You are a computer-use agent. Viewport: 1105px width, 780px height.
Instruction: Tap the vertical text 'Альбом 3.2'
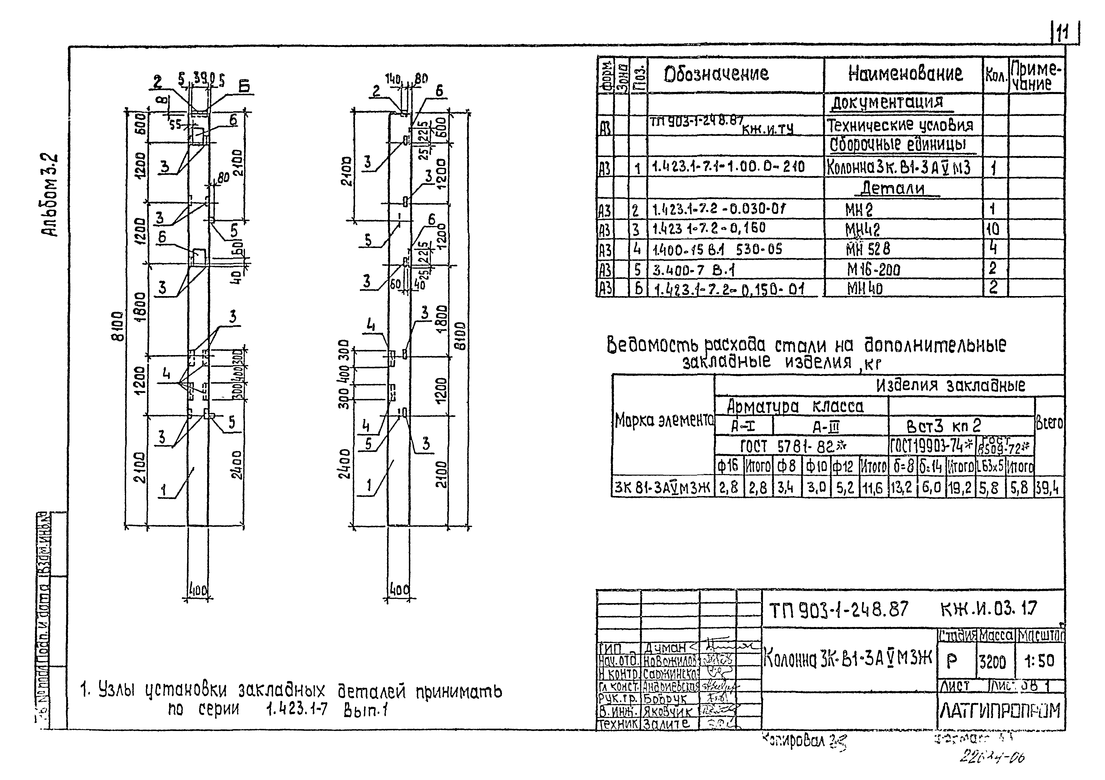click(x=51, y=195)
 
